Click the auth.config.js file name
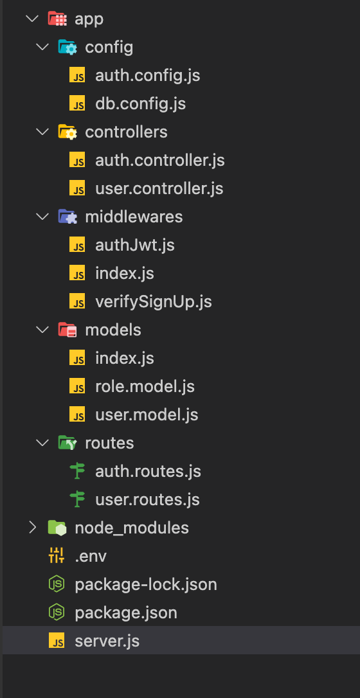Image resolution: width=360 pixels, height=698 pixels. (147, 76)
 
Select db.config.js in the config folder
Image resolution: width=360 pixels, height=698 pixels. (140, 103)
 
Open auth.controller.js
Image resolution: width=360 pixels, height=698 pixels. (160, 160)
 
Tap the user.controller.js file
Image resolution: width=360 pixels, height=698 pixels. (159, 189)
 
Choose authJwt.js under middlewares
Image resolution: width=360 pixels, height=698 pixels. (135, 246)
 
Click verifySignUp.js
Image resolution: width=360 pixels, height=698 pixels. (154, 302)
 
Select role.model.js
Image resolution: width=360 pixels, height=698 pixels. (145, 386)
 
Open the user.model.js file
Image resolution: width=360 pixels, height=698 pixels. (147, 415)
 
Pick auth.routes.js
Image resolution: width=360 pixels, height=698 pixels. (148, 471)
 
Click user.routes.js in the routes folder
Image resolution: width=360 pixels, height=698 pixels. (147, 500)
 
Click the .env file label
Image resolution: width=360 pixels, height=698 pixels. (91, 557)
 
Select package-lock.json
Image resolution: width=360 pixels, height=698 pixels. (146, 584)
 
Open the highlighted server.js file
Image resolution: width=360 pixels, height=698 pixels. (107, 641)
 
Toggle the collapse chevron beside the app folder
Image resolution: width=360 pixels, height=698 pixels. (33, 19)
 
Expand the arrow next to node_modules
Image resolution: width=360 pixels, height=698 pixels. (33, 528)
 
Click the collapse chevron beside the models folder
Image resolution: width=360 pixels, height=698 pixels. (42, 330)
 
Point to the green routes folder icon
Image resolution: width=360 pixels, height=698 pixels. (67, 443)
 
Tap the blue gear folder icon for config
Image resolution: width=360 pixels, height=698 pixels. (67, 47)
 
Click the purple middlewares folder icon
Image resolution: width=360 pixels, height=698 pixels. (67, 217)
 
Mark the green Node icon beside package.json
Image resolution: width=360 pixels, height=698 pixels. (57, 613)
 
